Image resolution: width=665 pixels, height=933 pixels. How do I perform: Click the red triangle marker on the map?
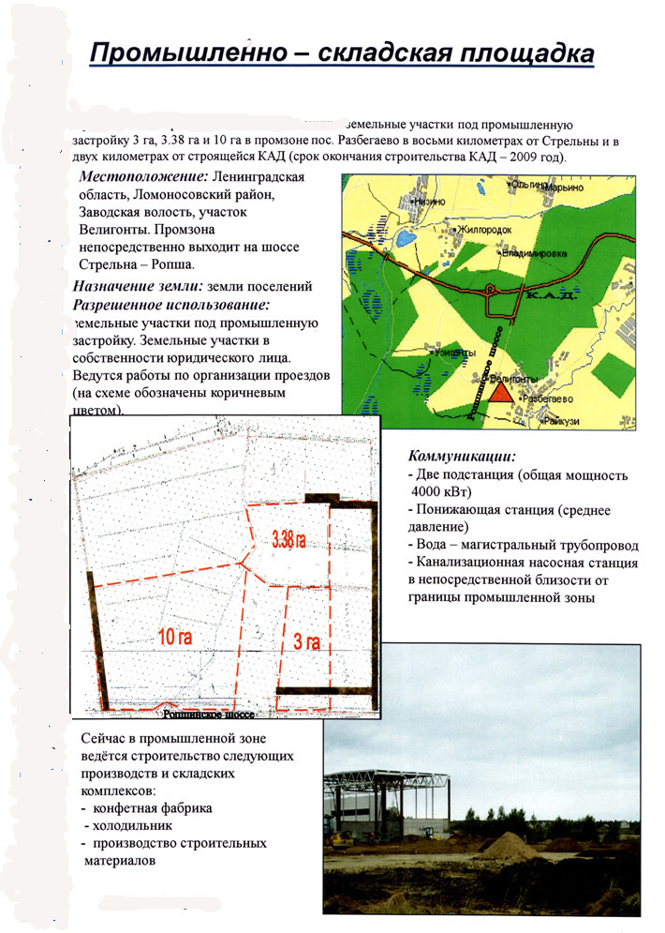point(503,391)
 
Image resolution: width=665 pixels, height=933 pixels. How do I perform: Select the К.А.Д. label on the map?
point(545,296)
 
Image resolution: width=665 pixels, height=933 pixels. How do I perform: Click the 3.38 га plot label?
point(288,539)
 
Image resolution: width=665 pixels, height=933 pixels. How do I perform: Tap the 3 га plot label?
point(306,642)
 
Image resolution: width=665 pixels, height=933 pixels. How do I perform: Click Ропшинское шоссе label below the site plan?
point(205,714)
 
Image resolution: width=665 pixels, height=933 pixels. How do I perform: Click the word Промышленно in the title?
point(182,54)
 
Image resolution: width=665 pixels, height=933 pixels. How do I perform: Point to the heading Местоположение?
point(142,177)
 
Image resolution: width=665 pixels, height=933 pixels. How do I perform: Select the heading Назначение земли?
point(139,288)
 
